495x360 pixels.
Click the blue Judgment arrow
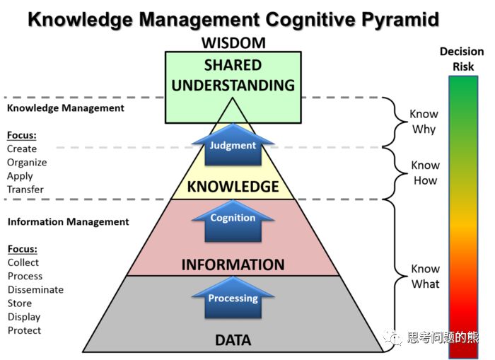tap(233, 145)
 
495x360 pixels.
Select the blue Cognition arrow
tap(233, 221)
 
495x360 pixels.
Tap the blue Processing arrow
tap(233, 298)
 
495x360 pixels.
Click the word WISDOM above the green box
tap(233, 43)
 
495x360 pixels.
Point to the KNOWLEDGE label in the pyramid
tap(233, 187)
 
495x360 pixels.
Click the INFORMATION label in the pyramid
tap(233, 265)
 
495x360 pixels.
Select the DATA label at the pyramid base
tap(233, 340)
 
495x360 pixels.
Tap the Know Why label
tap(424, 122)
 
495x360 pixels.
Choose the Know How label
tap(425, 173)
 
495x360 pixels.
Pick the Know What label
tap(425, 277)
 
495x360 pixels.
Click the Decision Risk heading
tap(462, 59)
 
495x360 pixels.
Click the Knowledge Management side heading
tap(66, 108)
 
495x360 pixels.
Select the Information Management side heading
tap(68, 221)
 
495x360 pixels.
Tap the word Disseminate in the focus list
tap(35, 289)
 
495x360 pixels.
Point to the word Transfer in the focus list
tap(25, 190)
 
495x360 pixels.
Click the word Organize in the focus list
tap(27, 163)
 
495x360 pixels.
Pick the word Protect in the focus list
tap(24, 330)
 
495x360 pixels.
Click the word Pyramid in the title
tap(400, 20)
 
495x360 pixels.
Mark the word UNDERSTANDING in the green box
tap(233, 86)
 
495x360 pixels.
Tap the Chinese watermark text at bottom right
tap(443, 337)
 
